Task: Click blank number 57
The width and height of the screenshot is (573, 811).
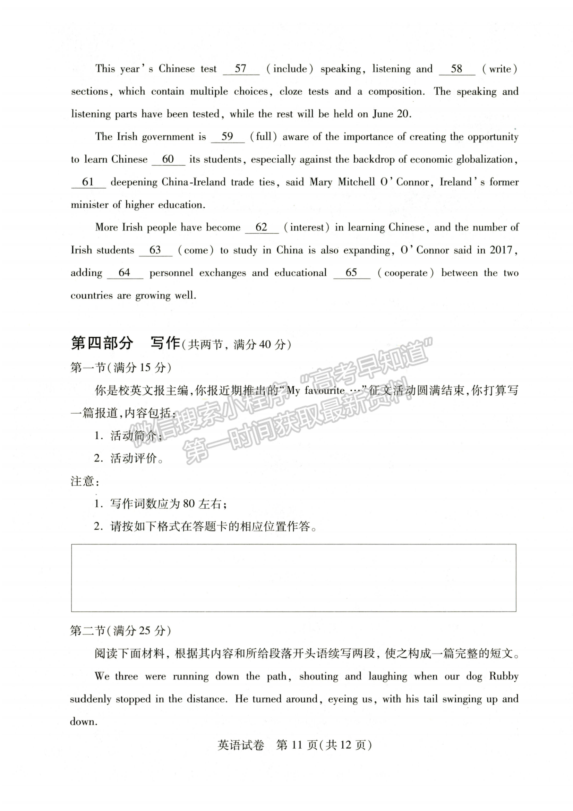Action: coord(241,69)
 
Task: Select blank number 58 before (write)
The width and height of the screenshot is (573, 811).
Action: coord(456,69)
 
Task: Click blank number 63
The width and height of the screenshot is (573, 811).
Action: coord(155,250)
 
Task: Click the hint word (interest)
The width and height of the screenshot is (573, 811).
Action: coord(307,227)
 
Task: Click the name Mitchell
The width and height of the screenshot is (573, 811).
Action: coord(356,182)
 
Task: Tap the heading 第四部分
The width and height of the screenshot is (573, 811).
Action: coord(102,343)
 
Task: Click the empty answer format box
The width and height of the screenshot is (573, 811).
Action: coord(293,578)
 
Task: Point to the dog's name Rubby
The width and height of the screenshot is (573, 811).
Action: coord(503,676)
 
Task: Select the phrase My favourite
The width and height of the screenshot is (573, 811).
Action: coord(316,391)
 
